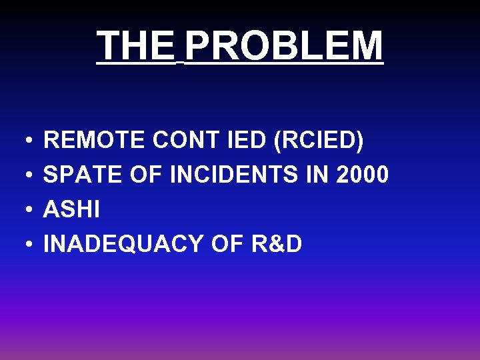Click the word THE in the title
point(135,45)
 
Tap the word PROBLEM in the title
point(284,45)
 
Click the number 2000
point(363,175)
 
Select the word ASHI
point(71,210)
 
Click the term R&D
point(277,245)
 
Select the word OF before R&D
point(229,245)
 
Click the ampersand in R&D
point(277,245)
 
